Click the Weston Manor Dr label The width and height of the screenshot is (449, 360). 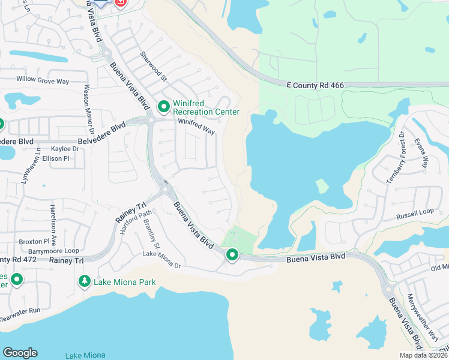point(89,109)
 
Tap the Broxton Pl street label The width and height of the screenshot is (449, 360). point(30,241)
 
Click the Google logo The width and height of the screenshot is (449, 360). point(20,353)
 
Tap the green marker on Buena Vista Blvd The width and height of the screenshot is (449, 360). point(232,256)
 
